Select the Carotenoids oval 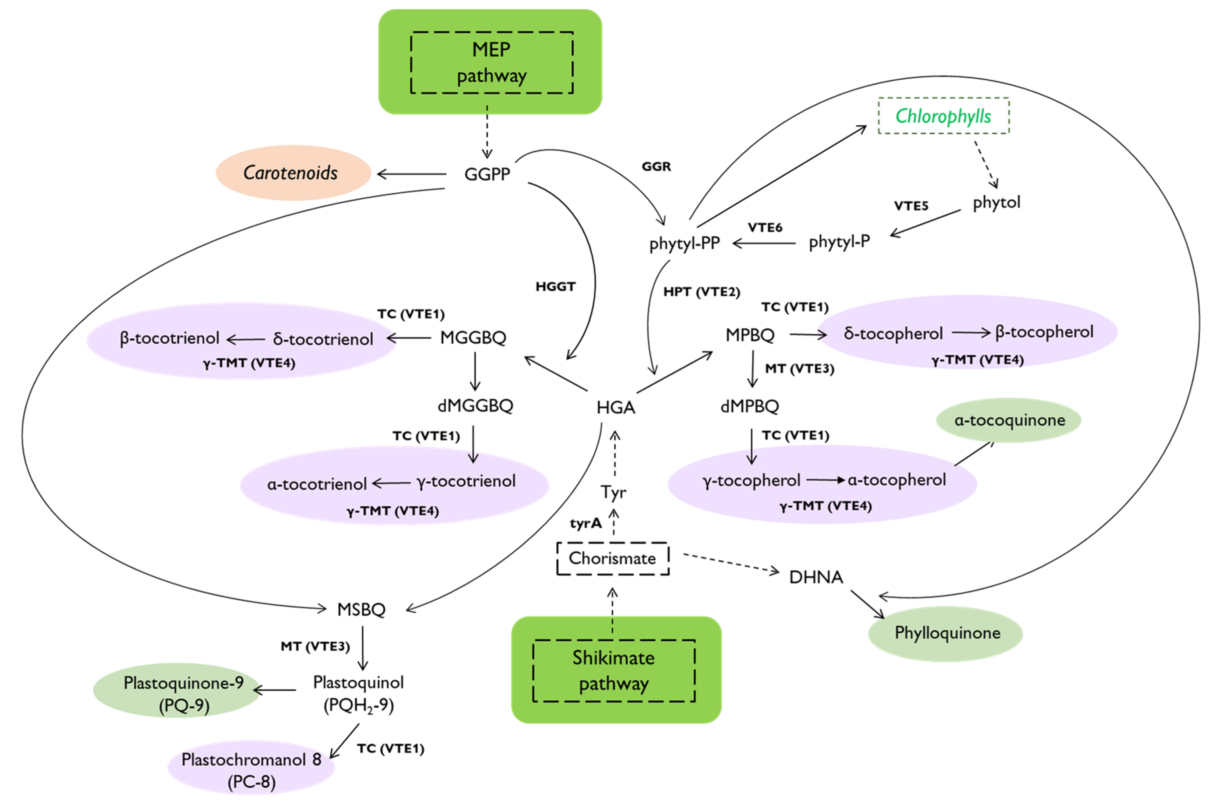point(293,173)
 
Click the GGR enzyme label point(656,167)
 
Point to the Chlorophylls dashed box point(943,116)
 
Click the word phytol point(996,202)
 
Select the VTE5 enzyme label point(910,206)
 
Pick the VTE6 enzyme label point(765,228)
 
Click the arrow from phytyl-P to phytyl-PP point(764,243)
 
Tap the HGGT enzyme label point(555,287)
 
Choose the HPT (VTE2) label point(701,292)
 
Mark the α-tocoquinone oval point(1008,420)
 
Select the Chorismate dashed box point(612,558)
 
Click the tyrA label point(585,524)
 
